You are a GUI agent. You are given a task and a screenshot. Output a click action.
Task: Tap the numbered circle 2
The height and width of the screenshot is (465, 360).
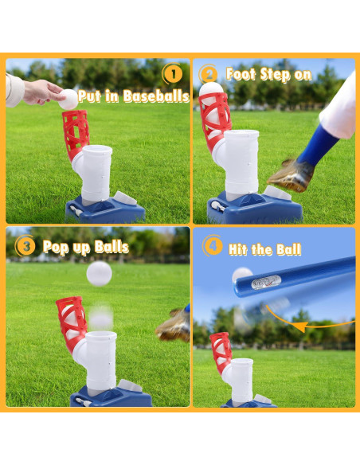click(209, 75)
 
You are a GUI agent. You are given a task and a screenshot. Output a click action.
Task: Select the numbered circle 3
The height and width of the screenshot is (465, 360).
click(26, 246)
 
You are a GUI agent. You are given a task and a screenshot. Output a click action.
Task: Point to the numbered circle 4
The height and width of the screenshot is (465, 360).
click(213, 246)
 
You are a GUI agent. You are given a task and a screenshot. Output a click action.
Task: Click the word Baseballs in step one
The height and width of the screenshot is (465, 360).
click(155, 97)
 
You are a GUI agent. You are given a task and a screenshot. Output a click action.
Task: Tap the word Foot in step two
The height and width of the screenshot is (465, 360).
click(243, 75)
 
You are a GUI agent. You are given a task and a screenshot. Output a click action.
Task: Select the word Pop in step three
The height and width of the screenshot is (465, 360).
click(58, 247)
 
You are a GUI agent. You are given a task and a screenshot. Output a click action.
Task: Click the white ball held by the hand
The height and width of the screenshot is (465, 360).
click(68, 100)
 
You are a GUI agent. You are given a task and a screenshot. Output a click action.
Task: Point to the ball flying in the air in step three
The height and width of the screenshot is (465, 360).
click(99, 274)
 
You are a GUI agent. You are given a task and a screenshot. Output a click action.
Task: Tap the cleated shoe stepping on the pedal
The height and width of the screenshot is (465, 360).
click(288, 174)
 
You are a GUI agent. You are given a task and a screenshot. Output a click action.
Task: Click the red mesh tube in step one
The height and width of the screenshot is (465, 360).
click(76, 132)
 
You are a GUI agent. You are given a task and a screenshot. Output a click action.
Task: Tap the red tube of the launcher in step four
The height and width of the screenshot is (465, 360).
click(220, 350)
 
